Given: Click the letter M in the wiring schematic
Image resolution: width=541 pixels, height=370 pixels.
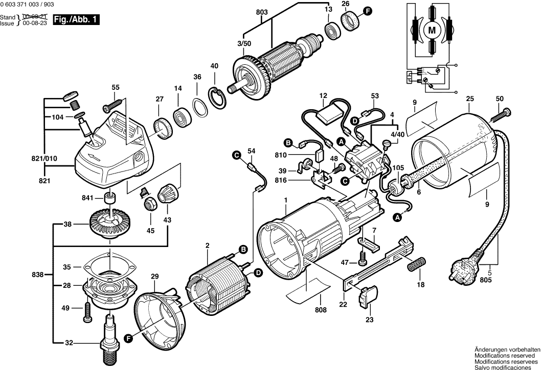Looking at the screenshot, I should (432, 30).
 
